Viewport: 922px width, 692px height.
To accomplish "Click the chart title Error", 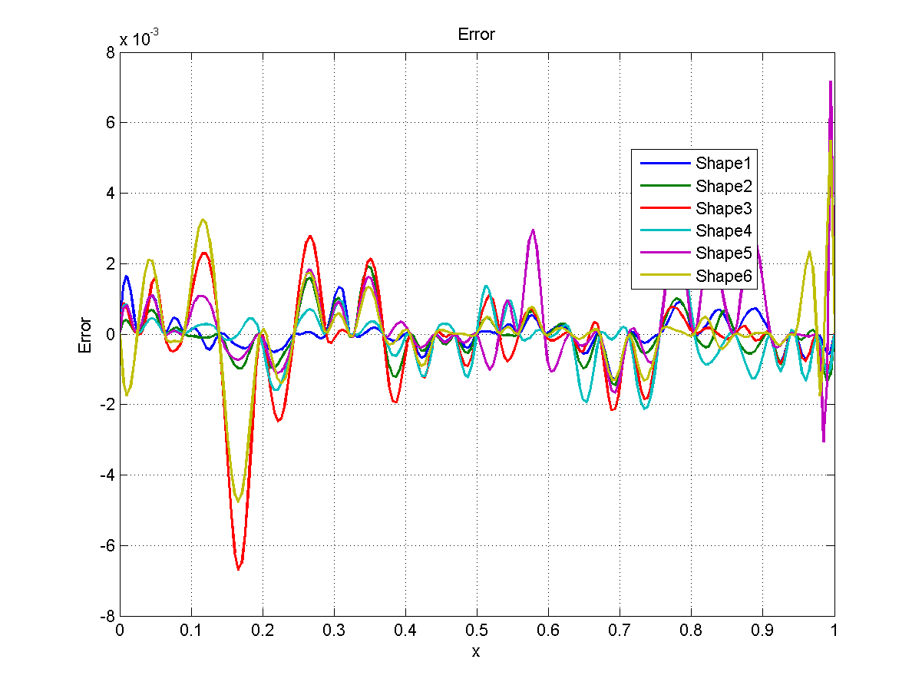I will (476, 35).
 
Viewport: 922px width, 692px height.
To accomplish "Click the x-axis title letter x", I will (476, 652).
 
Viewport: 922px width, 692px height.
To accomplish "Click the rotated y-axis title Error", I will (85, 335).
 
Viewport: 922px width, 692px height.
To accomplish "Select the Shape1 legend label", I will (723, 163).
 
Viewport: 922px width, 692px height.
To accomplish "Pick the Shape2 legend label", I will (723, 186).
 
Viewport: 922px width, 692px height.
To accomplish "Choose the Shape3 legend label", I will (723, 208).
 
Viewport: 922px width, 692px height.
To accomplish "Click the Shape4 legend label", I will (723, 230).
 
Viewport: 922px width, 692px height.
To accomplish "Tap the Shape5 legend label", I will (723, 253).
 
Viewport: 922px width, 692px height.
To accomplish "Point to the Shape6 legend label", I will (723, 276).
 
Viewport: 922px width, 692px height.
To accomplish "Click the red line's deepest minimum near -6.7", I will (239, 569).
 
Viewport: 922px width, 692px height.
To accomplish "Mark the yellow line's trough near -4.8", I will (239, 502).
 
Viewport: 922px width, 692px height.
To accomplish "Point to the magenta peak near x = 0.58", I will (533, 230).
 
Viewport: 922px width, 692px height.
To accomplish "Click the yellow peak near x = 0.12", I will (203, 220).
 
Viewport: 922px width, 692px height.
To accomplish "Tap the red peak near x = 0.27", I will (309, 237).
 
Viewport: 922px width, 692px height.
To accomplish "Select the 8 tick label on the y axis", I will (111, 52).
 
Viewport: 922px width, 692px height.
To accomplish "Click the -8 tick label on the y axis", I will (107, 616).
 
